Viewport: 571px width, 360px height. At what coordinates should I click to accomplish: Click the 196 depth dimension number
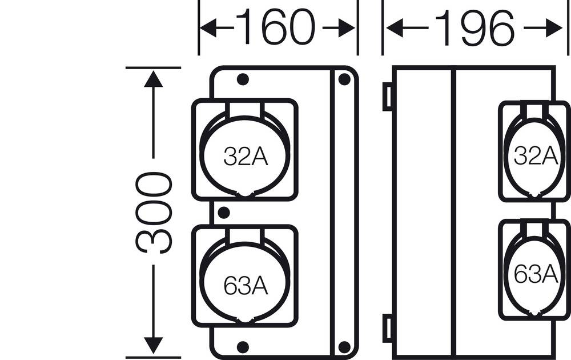point(475,28)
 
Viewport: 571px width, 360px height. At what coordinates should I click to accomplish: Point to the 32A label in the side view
point(536,155)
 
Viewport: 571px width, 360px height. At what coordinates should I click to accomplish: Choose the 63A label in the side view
point(536,274)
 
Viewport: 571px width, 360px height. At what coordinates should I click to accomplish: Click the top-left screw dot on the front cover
point(243,79)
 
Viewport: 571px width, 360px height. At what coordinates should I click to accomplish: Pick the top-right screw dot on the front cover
point(344,79)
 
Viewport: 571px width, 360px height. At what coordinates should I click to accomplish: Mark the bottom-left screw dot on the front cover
point(243,346)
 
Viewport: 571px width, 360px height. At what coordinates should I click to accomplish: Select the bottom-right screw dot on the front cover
point(344,346)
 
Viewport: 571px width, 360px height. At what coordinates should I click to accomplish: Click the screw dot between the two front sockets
point(224,213)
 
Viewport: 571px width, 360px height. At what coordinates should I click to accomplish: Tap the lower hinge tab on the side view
point(387,328)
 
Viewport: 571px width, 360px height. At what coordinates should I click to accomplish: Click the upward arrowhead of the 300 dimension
point(153,77)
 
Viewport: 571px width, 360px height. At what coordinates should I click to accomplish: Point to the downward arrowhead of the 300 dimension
point(153,345)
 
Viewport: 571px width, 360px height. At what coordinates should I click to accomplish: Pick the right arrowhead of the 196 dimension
point(554,28)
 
